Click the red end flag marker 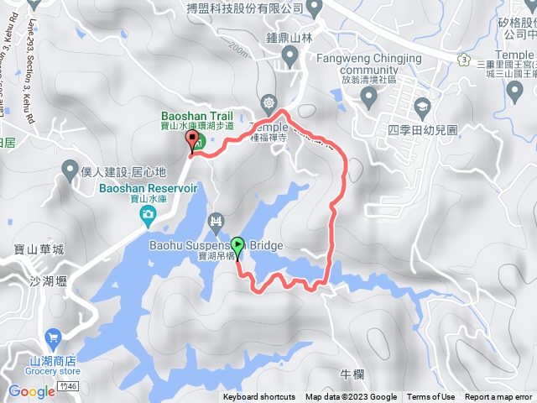(192, 141)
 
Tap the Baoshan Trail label (196, 117)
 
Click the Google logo (31, 391)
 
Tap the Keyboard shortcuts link (260, 397)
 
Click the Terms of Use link (431, 397)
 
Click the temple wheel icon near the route (268, 103)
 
